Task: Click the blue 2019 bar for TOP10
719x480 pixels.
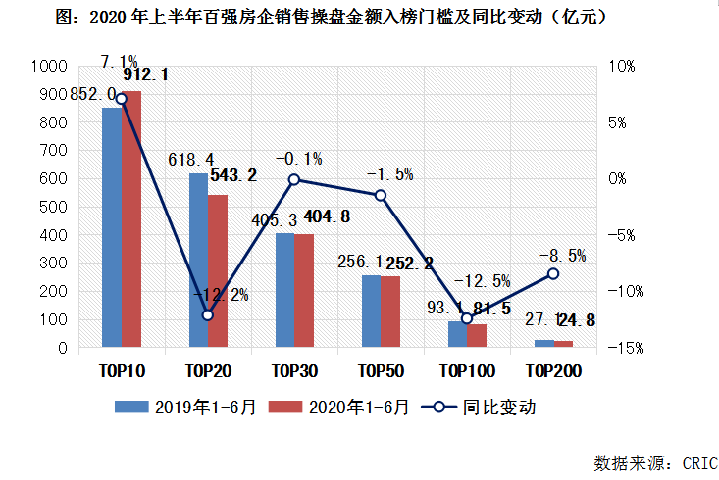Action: (112, 227)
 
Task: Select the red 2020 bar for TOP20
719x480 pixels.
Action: (217, 271)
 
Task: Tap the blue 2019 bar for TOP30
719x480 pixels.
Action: (284, 290)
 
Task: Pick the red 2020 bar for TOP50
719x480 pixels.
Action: (390, 312)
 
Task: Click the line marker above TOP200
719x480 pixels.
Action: (553, 273)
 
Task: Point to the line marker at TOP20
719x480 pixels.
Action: (207, 315)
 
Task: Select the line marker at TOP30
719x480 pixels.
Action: (294, 179)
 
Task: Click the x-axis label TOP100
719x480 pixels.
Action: (466, 371)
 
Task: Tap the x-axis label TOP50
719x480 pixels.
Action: (381, 371)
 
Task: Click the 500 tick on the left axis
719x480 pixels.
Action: (53, 208)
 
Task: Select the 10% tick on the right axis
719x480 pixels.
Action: (624, 67)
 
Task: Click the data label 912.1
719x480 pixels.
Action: (145, 74)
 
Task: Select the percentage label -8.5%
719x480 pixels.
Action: (562, 256)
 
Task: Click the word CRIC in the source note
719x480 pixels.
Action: (698, 462)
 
